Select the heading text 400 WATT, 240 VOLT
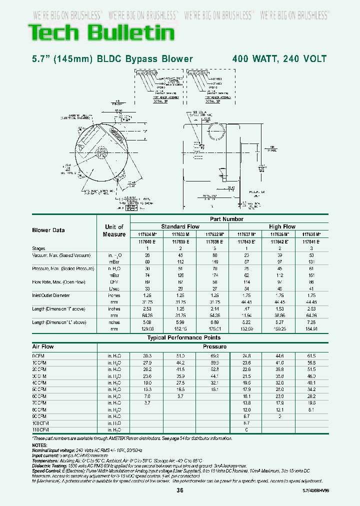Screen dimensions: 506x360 279,59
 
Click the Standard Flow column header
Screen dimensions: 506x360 180,226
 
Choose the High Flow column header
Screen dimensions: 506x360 282,226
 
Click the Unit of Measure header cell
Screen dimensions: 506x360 114,230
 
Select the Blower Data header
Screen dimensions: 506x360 48,230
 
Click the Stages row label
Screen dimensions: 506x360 38,248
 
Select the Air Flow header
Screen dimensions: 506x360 43,346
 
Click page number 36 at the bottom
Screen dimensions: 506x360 180,490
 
